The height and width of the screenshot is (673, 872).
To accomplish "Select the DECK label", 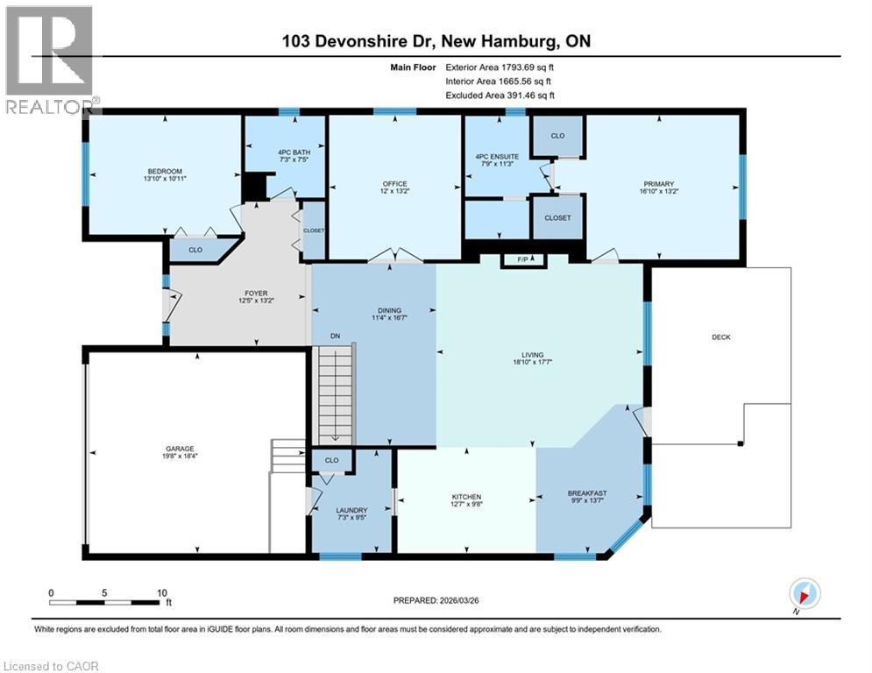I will point(721,337).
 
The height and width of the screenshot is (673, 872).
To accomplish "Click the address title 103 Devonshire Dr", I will point(436,42).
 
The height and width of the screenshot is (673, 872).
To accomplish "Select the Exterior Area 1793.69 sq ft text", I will point(500,67).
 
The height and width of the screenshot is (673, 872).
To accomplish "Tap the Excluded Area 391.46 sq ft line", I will point(500,95).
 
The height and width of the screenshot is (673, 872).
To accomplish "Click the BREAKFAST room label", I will point(587,493).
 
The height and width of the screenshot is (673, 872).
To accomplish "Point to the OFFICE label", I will point(393,183).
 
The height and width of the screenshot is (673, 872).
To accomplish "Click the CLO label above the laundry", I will point(331,460).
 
